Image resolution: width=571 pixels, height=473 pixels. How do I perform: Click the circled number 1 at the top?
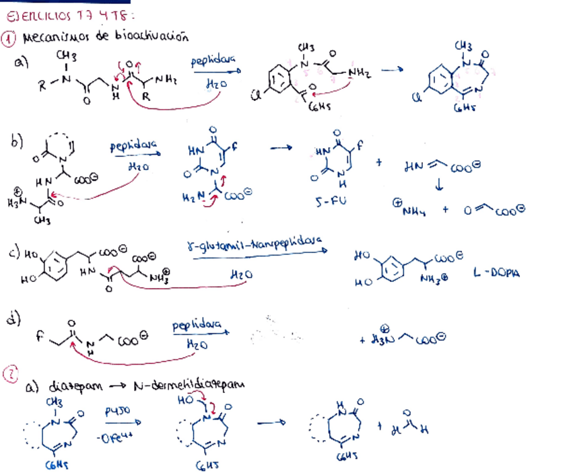pyautogui.click(x=9, y=38)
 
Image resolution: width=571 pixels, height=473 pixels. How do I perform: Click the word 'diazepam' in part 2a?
pyautogui.click(x=73, y=387)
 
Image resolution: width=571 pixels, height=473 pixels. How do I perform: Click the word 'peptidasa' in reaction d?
pyautogui.click(x=197, y=326)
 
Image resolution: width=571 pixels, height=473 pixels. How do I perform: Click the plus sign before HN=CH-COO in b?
pyautogui.click(x=380, y=161)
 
